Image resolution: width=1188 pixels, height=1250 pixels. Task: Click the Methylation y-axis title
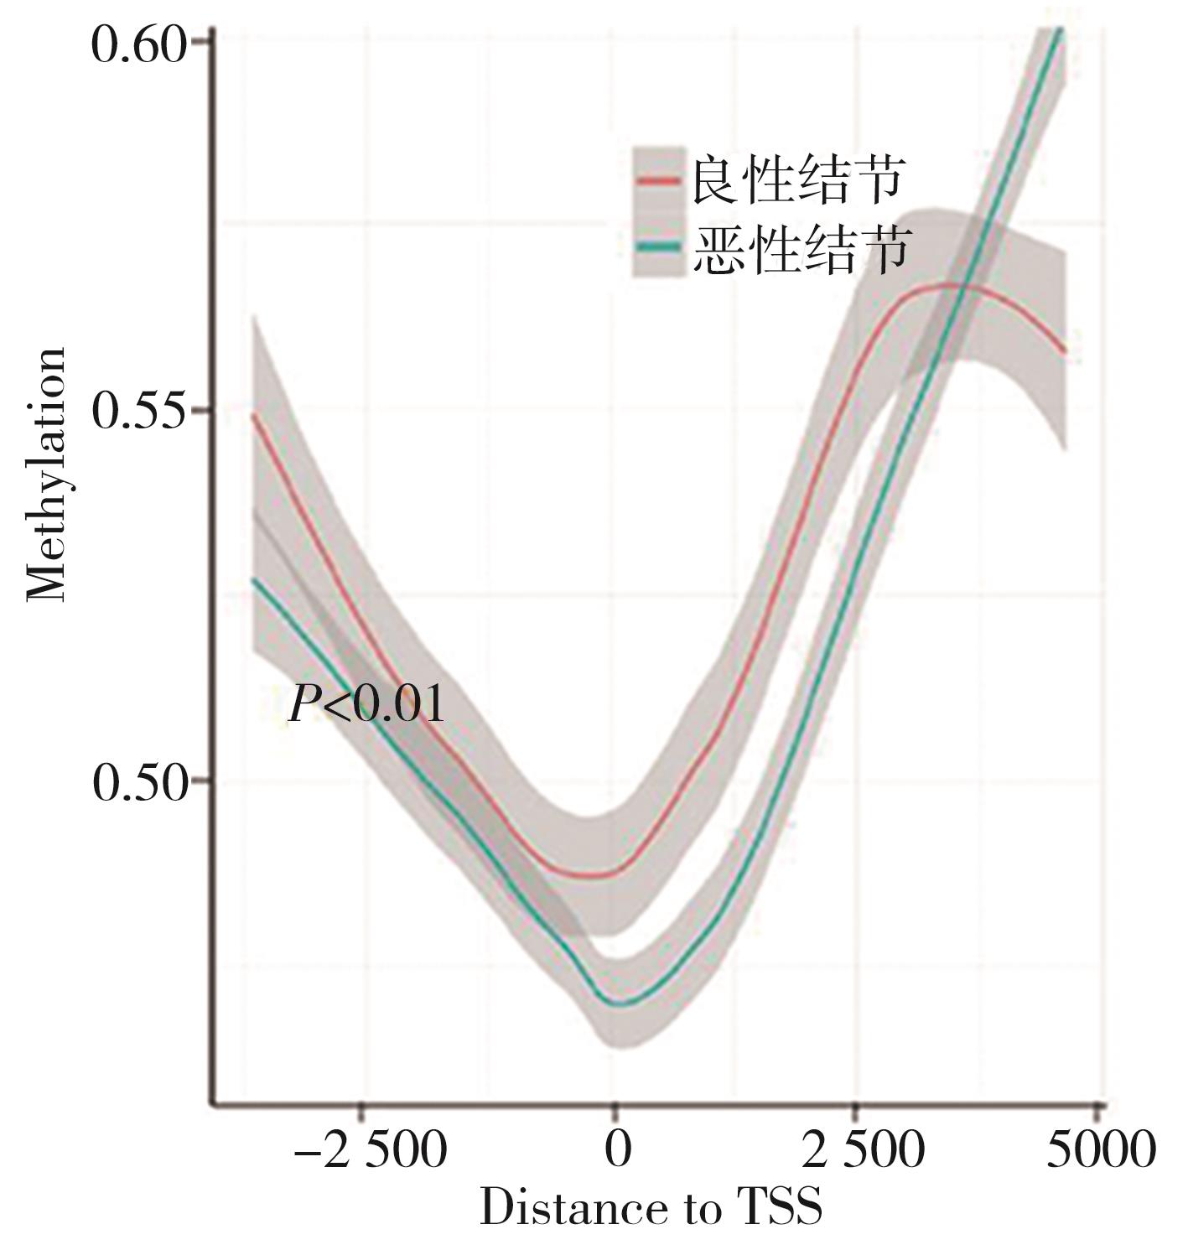coord(46,475)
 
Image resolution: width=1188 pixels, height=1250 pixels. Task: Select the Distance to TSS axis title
coord(651,1208)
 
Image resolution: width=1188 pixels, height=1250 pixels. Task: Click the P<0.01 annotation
coord(366,704)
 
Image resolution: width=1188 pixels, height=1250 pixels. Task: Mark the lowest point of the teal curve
coord(620,1003)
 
